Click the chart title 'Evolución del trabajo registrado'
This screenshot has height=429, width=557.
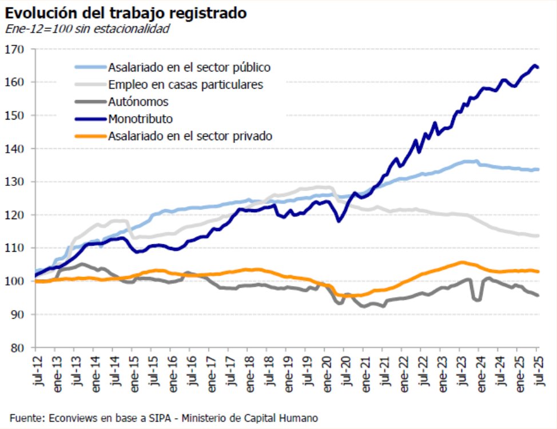point(126,13)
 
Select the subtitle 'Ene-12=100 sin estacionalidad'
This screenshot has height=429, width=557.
point(87,29)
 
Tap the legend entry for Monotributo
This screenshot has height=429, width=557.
point(140,119)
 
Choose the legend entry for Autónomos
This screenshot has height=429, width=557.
point(138,102)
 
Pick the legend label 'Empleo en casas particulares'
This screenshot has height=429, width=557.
point(185,85)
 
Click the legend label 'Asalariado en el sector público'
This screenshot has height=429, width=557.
point(189,67)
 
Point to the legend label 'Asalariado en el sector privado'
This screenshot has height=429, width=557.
point(190,136)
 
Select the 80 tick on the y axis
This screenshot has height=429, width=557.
point(20,348)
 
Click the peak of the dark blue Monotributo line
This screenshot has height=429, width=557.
point(535,65)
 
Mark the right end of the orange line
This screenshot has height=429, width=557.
point(538,271)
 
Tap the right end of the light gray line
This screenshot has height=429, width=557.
point(538,236)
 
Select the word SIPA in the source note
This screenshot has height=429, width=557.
point(142,418)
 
